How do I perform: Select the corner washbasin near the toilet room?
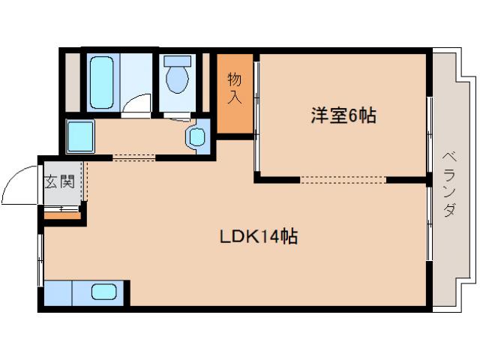[x=196, y=136]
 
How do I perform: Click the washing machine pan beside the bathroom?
[x=78, y=135]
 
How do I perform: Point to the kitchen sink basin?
[x=103, y=291]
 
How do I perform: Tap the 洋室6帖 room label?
[x=343, y=116]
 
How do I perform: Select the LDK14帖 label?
[x=259, y=238]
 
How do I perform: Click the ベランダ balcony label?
[x=448, y=184]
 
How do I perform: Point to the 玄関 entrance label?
[x=58, y=181]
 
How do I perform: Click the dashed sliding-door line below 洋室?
[x=343, y=179]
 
